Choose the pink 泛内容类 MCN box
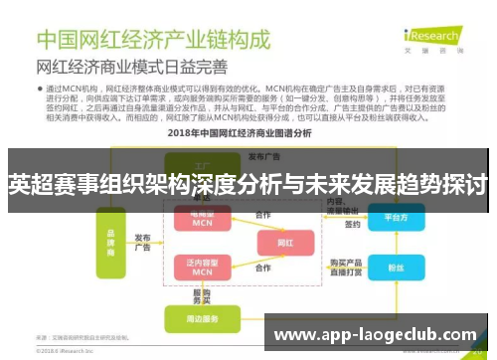[x=203, y=267]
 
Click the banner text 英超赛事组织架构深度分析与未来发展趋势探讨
[x=248, y=185]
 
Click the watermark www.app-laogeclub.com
[x=374, y=335]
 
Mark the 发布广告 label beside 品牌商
[x=142, y=243]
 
